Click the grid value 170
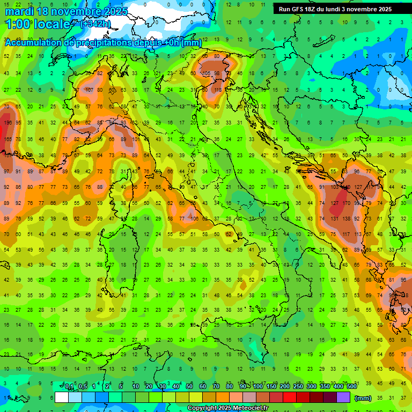pos(347,204)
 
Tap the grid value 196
pos(7,123)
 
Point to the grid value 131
pos(335,219)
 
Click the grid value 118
pos(218,90)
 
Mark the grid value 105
pos(206,73)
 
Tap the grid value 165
pos(7,139)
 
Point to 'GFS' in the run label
pos(299,9)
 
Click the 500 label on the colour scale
pos(351,387)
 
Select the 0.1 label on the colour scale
pos(69,387)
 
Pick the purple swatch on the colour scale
pos(343,398)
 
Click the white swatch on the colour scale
pos(62,398)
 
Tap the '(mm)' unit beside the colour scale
pos(363,398)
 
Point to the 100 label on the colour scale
pos(257,387)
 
